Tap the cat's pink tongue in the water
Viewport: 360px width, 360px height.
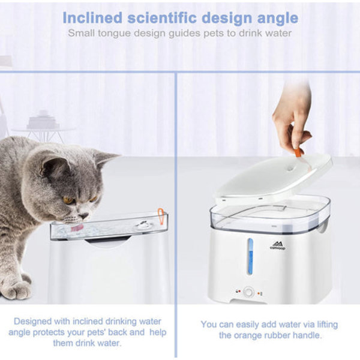pyautogui.click(x=77, y=229)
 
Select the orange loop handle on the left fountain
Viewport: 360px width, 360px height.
pyautogui.click(x=161, y=215)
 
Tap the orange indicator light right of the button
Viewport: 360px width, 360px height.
pyautogui.click(x=259, y=293)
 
